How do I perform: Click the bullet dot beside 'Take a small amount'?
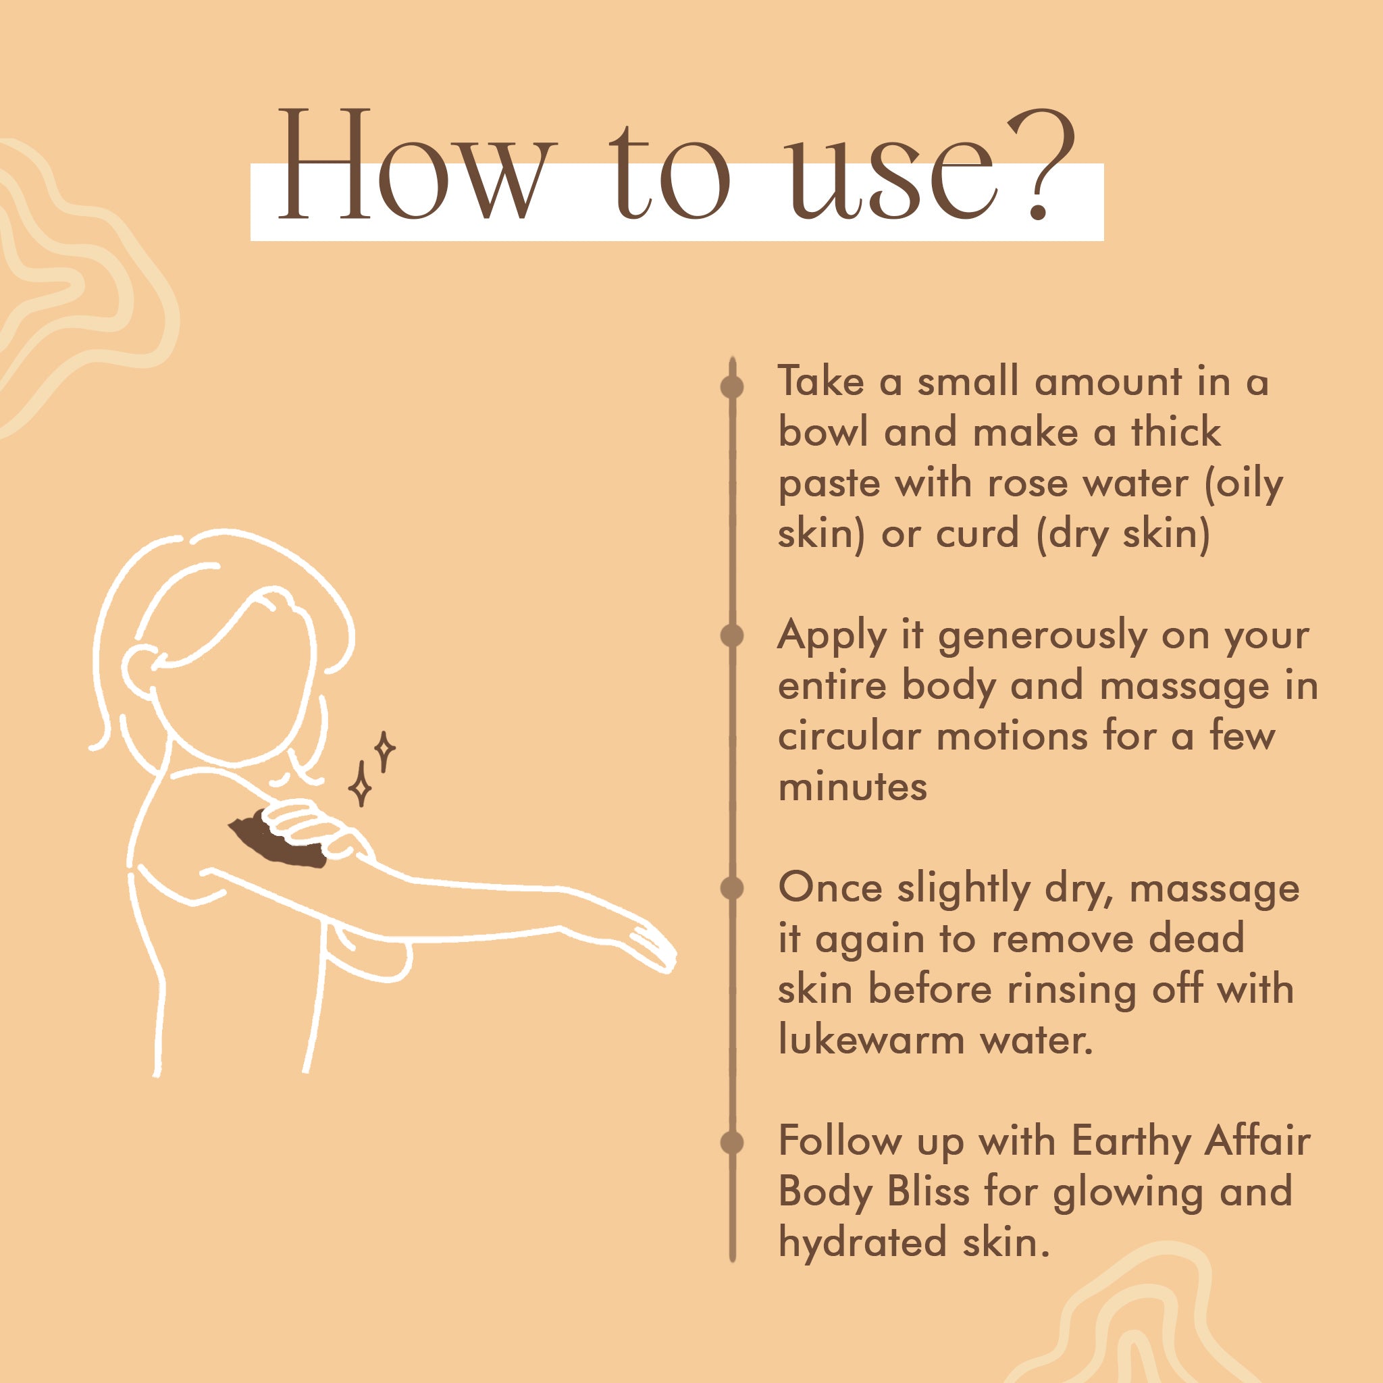pos(731,386)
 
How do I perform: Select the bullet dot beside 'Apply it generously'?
pos(731,635)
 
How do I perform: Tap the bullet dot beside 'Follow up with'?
pos(731,1143)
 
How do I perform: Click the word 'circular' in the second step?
pos(848,736)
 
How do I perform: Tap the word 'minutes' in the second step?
pos(852,787)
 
